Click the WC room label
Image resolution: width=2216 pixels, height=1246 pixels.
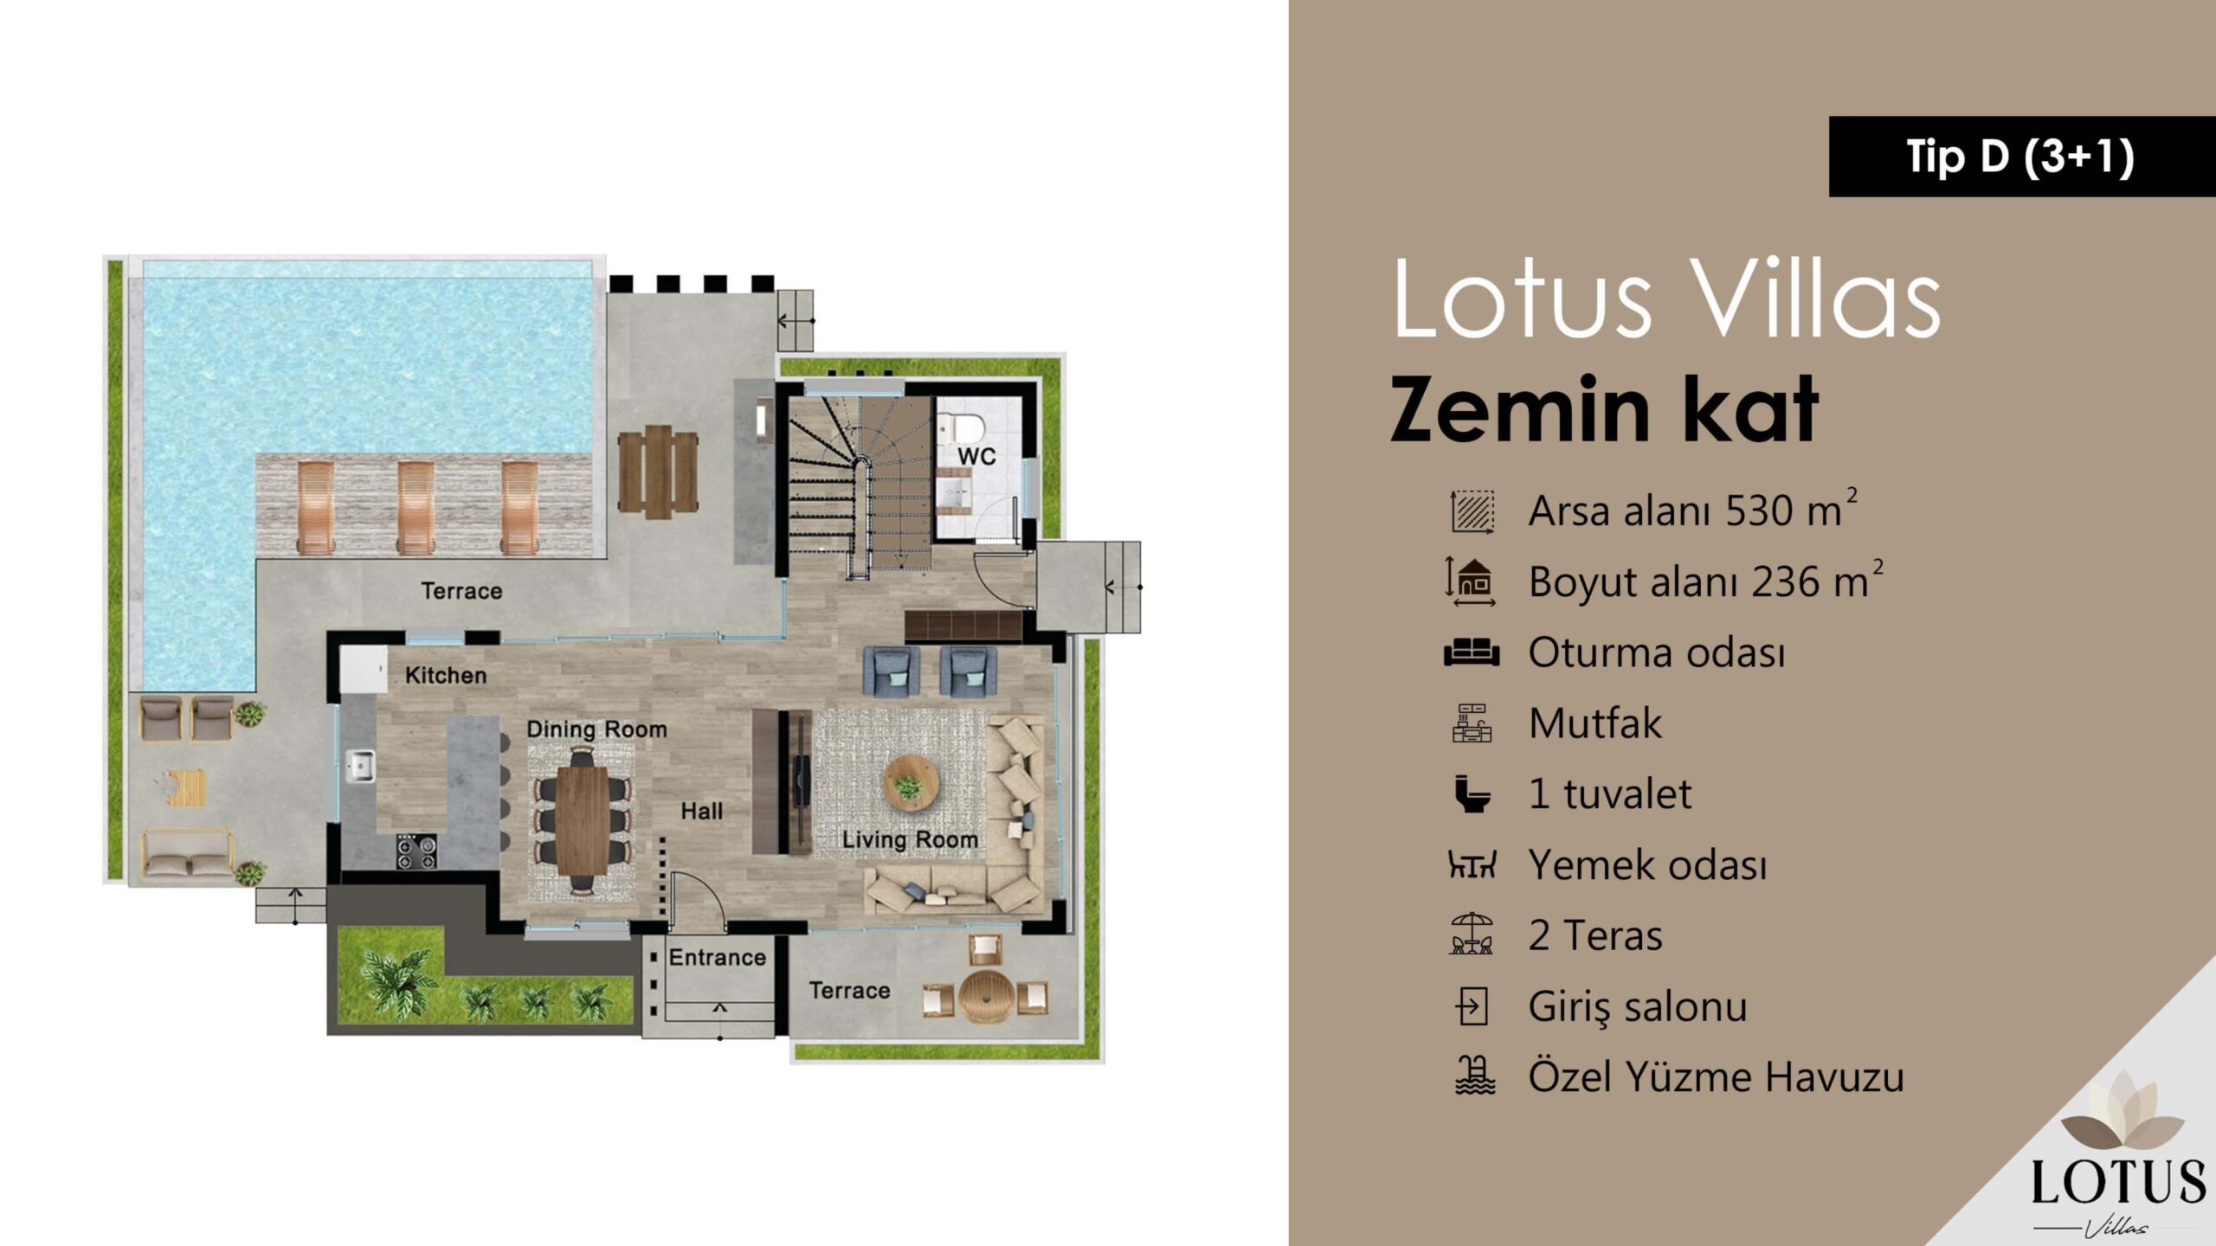tap(976, 456)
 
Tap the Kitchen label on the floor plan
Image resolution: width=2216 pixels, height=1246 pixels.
tap(446, 675)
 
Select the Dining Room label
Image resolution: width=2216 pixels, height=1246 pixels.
tap(597, 729)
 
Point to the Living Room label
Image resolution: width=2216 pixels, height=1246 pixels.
tap(910, 839)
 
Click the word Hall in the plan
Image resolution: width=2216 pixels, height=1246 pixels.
tap(701, 811)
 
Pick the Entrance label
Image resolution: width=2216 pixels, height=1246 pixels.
tap(718, 957)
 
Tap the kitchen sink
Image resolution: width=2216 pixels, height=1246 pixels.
tap(360, 766)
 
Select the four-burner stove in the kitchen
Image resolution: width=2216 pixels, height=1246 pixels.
tap(416, 851)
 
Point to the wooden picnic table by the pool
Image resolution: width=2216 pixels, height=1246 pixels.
tap(658, 472)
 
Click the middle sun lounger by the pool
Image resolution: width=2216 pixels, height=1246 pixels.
tap(415, 507)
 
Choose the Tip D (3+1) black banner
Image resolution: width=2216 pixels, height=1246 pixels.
tap(2022, 157)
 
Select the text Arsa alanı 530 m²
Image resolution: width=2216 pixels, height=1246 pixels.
tap(1692, 510)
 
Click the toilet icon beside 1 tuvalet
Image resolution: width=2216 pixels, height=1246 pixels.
tap(1472, 793)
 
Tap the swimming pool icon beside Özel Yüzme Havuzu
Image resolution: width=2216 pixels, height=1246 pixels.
tap(1474, 1076)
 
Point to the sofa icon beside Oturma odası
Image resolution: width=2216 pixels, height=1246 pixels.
tap(1472, 652)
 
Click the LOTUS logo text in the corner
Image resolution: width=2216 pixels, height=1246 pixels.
tap(2119, 1182)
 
